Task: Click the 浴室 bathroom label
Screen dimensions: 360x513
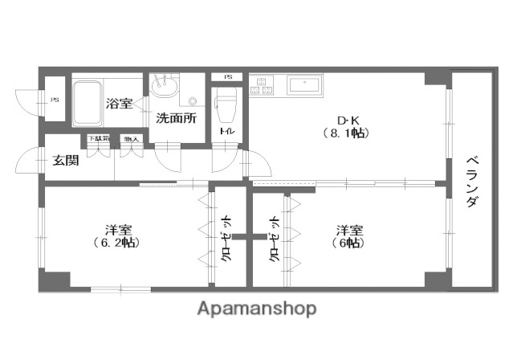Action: click(119, 103)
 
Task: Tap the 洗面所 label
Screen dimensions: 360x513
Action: click(176, 117)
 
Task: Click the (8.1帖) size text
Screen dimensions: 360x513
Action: click(345, 133)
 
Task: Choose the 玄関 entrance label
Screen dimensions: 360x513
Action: click(66, 159)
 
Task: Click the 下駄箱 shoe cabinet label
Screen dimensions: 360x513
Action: click(98, 139)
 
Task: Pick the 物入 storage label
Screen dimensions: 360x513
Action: click(129, 139)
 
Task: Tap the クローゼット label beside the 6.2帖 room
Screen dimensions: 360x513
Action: click(227, 239)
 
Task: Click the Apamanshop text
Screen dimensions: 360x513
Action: click(256, 309)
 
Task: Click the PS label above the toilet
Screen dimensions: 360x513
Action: click(228, 76)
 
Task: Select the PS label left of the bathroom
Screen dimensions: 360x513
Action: click(55, 100)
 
